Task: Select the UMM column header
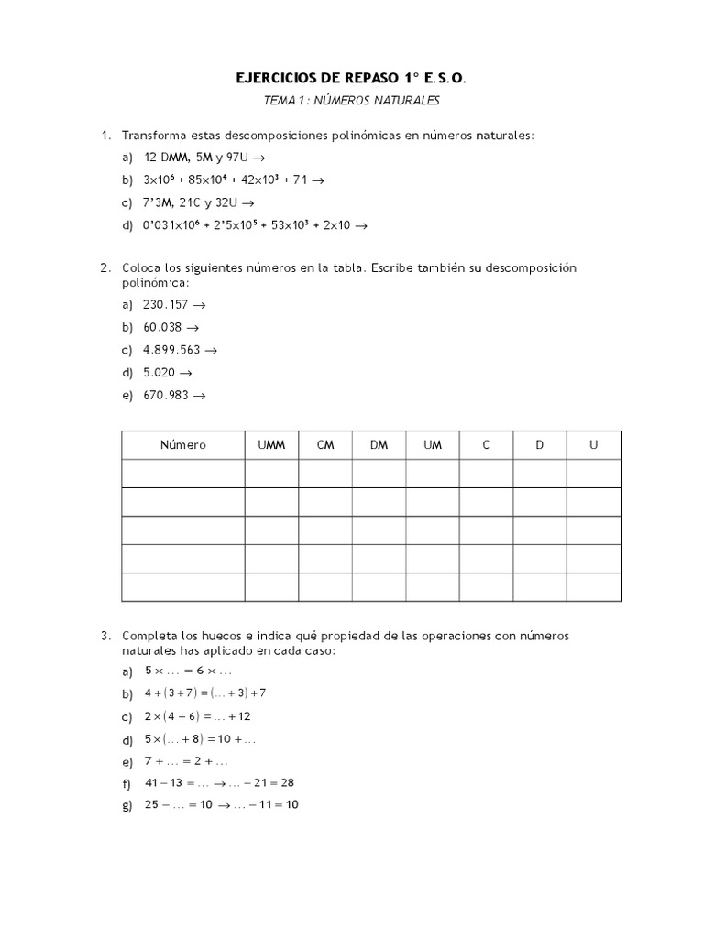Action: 271,445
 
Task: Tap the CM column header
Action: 325,445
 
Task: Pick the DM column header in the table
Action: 379,445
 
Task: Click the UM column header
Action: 433,445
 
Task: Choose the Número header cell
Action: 183,445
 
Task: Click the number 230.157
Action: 166,304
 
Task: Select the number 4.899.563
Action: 171,350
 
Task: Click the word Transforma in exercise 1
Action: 153,136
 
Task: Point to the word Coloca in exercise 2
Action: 142,268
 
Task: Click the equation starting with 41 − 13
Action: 219,782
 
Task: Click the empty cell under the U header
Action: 594,474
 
